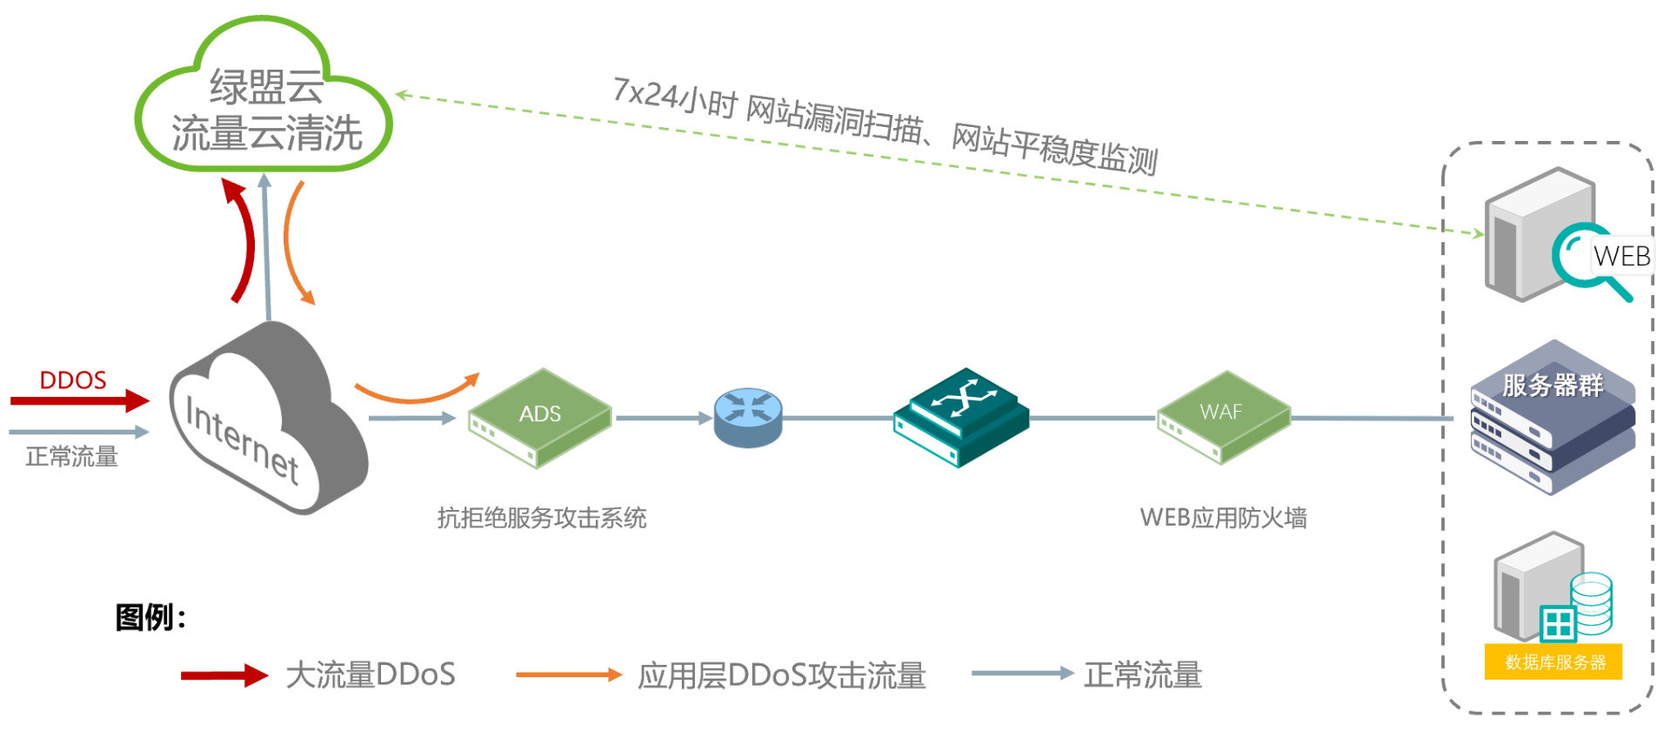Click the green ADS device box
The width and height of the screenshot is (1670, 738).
[539, 417]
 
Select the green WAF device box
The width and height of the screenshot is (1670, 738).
[1222, 415]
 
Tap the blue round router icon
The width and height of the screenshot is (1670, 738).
[748, 417]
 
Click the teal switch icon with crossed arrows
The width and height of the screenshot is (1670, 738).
[961, 417]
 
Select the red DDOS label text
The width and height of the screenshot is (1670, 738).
[73, 380]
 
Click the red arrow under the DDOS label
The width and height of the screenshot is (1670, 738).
[78, 401]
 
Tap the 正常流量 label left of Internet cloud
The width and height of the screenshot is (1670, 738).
[71, 457]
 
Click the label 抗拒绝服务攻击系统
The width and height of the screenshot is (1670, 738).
[541, 518]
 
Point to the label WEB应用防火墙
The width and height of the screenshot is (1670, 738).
[1223, 518]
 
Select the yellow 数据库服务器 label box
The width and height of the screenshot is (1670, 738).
[1554, 662]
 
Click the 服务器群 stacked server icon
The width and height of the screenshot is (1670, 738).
[1553, 419]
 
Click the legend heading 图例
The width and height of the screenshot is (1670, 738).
[150, 617]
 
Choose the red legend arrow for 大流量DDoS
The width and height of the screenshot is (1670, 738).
[224, 675]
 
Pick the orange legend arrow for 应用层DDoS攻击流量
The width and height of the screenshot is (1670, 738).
[568, 674]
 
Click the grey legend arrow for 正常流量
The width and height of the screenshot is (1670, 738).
[1022, 673]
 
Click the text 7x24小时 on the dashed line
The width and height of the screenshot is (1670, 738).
[674, 98]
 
